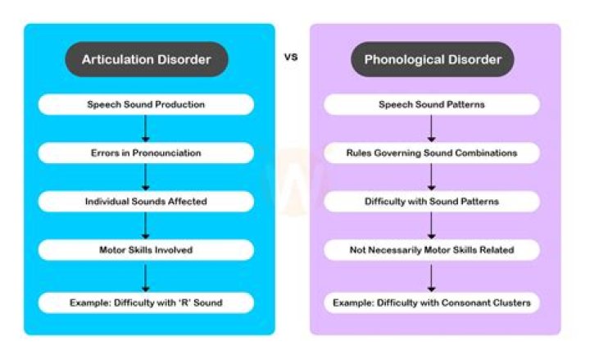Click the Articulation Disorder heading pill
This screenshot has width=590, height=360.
[145, 59]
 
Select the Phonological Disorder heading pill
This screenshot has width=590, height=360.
[432, 59]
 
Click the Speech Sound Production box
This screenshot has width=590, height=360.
[145, 104]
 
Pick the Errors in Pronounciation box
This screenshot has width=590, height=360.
[145, 153]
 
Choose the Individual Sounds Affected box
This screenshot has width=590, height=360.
[145, 201]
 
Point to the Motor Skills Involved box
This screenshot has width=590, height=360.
[145, 249]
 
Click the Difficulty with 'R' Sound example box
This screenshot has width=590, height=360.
[145, 303]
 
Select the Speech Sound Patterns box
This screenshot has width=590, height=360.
[432, 104]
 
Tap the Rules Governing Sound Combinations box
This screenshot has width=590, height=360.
[432, 153]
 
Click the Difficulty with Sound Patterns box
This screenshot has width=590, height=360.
[432, 201]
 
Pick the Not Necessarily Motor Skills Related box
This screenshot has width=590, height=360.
[432, 249]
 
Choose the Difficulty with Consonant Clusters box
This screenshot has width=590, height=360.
[432, 303]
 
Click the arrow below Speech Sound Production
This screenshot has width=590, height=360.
[145, 129]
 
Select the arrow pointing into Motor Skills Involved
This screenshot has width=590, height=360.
[145, 226]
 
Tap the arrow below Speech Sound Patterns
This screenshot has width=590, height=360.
[432, 129]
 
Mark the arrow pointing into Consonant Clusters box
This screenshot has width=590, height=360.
[432, 276]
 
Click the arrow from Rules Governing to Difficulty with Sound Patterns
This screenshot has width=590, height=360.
[432, 177]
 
